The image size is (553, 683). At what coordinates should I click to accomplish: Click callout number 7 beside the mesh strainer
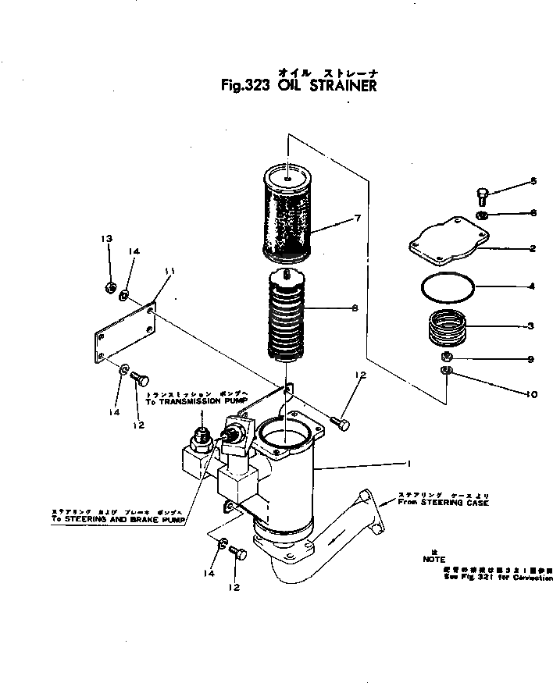tap(357, 218)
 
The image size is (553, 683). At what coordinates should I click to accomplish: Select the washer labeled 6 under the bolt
tap(483, 214)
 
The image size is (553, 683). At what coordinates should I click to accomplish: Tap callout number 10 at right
tap(532, 395)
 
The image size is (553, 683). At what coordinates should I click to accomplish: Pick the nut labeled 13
tap(110, 288)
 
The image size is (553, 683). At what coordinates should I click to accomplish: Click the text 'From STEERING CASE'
tap(443, 503)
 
